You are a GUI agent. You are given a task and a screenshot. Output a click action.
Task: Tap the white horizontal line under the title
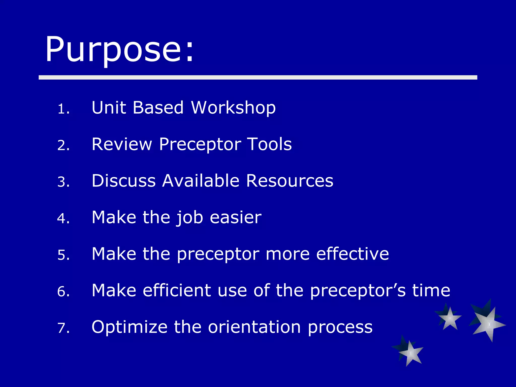coord(258,77)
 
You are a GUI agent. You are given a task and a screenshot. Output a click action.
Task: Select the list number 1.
coord(63,109)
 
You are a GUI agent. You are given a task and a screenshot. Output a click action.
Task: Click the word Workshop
coord(233,108)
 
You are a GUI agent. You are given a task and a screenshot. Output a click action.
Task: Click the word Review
coord(122,144)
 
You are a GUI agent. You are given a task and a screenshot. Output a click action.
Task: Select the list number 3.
coord(63,182)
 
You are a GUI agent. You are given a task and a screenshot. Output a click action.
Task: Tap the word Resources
coord(289,181)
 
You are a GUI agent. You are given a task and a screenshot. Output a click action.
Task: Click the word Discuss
coord(124,181)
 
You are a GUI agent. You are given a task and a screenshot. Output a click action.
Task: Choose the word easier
coord(236,217)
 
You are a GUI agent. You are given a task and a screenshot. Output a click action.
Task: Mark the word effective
coord(352,254)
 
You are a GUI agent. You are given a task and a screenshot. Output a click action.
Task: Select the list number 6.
coord(63,292)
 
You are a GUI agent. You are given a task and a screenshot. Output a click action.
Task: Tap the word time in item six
coord(431,290)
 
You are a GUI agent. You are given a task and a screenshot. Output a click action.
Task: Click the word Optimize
coord(129,327)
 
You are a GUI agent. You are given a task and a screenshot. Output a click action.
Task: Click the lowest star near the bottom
coord(410,353)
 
